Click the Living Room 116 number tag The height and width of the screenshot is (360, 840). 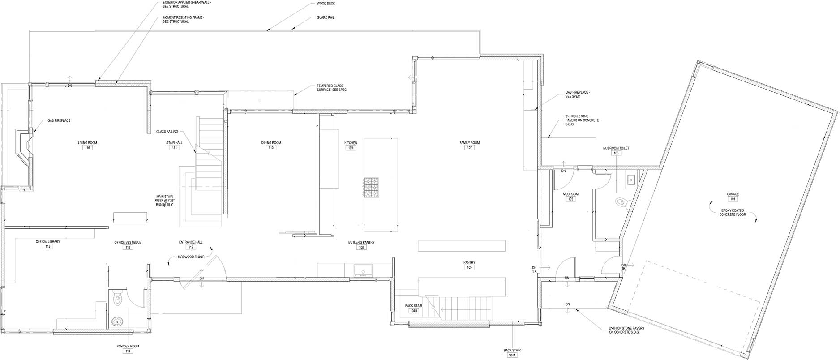(87, 148)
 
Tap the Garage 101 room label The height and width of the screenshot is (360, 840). (733, 197)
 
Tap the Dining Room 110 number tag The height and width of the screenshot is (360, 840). (271, 148)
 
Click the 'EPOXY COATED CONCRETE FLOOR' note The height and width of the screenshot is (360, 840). (733, 213)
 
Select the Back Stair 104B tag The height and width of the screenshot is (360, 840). (413, 311)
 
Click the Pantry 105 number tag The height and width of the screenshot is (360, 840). (469, 267)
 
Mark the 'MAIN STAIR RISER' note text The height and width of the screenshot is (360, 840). (164, 200)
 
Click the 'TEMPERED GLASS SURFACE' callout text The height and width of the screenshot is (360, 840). (332, 88)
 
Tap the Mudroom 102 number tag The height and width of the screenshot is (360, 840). (570, 199)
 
